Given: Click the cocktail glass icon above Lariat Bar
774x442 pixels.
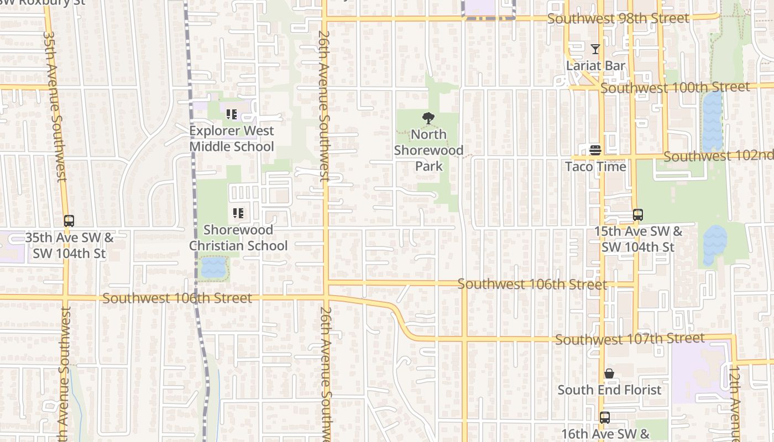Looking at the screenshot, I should coord(595,49).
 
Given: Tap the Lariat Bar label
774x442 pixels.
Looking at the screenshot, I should coord(595,66).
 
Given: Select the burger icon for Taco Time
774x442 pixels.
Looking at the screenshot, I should coord(595,150).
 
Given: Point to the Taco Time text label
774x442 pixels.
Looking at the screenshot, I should coord(595,166).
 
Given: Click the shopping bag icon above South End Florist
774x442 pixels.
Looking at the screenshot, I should coord(609,374).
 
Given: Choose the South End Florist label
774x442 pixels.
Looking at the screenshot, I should coord(609,390).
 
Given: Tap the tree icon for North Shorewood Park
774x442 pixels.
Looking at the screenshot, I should coord(427,118).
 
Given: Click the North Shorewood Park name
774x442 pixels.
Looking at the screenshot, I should coord(428,150).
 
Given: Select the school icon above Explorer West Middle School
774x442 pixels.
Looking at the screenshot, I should coord(232,114).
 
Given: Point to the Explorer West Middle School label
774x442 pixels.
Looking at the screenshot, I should coord(232,139).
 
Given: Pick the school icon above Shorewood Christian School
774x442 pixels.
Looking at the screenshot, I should coord(238,213).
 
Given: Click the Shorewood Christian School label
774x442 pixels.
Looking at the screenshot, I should coord(238,238).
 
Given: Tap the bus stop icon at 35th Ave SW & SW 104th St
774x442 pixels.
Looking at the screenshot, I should coord(69,221).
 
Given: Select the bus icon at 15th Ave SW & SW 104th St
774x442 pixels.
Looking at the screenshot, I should coord(638,215).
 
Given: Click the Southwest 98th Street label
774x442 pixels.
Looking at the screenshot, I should coord(618,19).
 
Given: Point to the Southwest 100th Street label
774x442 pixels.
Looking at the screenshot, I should coord(675,87).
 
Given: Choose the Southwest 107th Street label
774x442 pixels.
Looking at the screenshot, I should coord(630,339).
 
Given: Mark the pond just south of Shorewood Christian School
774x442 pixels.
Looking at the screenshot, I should coord(213,268).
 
